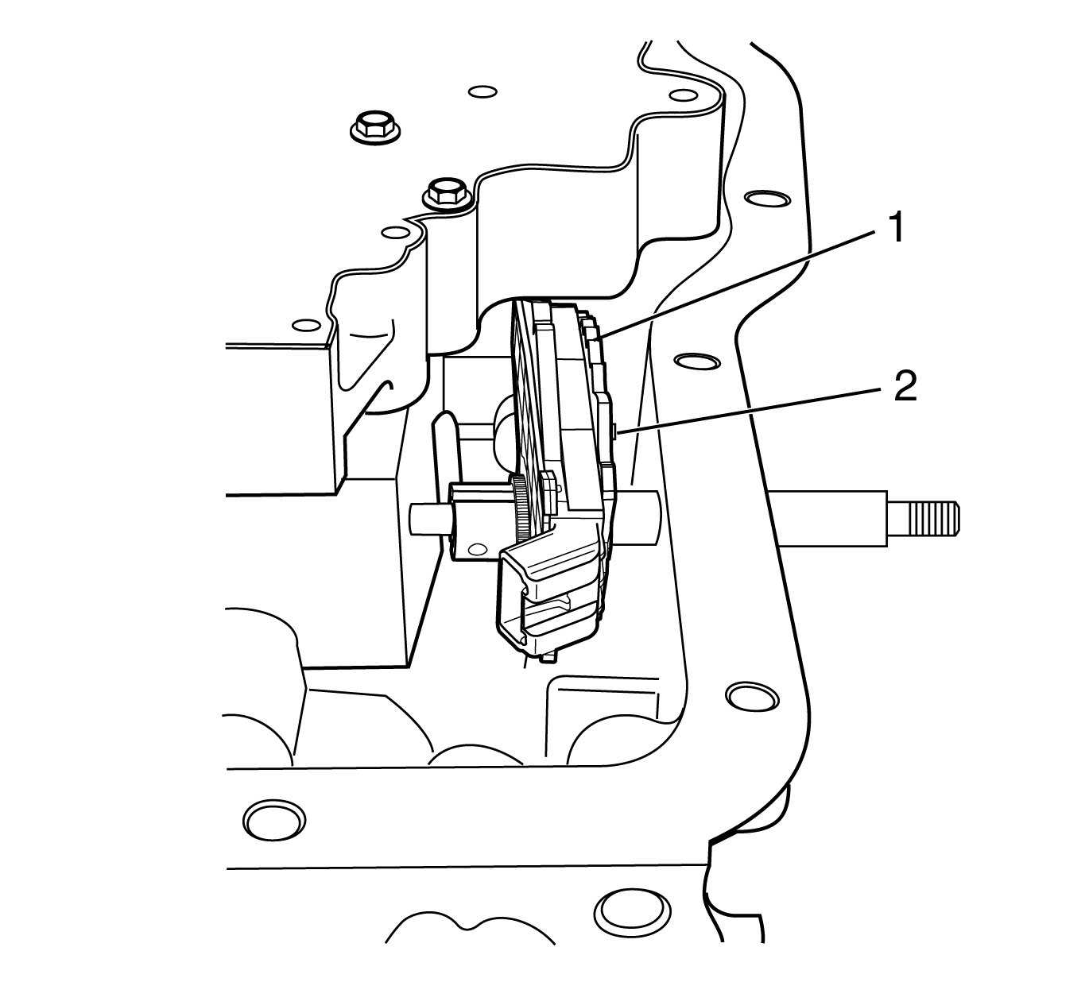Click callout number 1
tap(895, 229)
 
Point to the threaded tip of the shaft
tap(933, 520)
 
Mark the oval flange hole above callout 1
tap(764, 196)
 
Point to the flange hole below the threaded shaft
tap(751, 696)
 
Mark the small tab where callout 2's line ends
tap(618, 431)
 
